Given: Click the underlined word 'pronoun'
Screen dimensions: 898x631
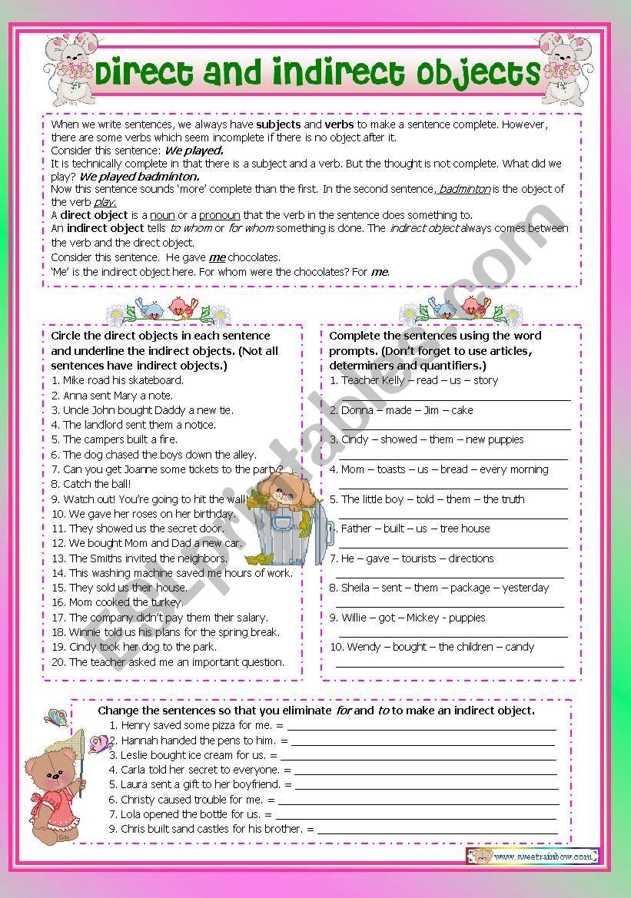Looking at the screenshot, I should tap(218, 215).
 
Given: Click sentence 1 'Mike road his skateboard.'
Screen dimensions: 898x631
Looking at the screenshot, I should tap(118, 380).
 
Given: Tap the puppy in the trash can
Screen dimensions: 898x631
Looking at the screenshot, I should tap(287, 500).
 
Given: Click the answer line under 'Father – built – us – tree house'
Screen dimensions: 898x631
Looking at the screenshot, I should tap(453, 545).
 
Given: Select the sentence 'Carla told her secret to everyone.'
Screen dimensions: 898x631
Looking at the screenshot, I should tap(200, 770).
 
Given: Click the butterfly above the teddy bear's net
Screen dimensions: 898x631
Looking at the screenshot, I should tap(56, 717).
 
